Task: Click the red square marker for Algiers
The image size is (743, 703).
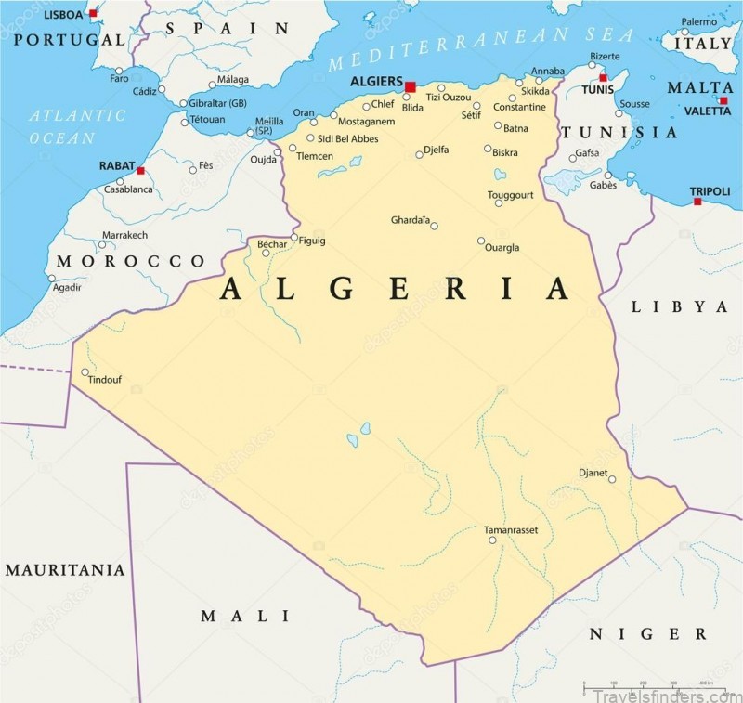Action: pos(410,86)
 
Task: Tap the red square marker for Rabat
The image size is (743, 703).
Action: pos(140,171)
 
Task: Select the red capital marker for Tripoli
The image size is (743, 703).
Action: pos(697,201)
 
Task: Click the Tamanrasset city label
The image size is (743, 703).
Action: pos(511,529)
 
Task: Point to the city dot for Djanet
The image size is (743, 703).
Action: pos(612,479)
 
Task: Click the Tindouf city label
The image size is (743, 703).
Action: pos(104,380)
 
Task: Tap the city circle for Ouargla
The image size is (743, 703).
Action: pos(481,241)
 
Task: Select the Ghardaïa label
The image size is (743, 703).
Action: pos(410,220)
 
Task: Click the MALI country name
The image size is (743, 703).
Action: pos(246,616)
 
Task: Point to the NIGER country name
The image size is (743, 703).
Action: pos(648,634)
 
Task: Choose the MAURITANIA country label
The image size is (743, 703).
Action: pos(65,569)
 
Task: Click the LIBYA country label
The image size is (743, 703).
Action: pos(680,306)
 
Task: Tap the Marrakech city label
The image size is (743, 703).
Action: pos(124,235)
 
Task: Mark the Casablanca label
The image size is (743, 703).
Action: pos(128,189)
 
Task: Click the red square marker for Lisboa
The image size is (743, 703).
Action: pos(93,14)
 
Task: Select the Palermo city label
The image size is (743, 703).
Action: pos(698,21)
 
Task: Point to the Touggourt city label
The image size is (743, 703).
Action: pos(511,195)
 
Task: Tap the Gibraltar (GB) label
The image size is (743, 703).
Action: pos(217,103)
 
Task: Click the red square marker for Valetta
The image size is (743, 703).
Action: pos(723,100)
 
